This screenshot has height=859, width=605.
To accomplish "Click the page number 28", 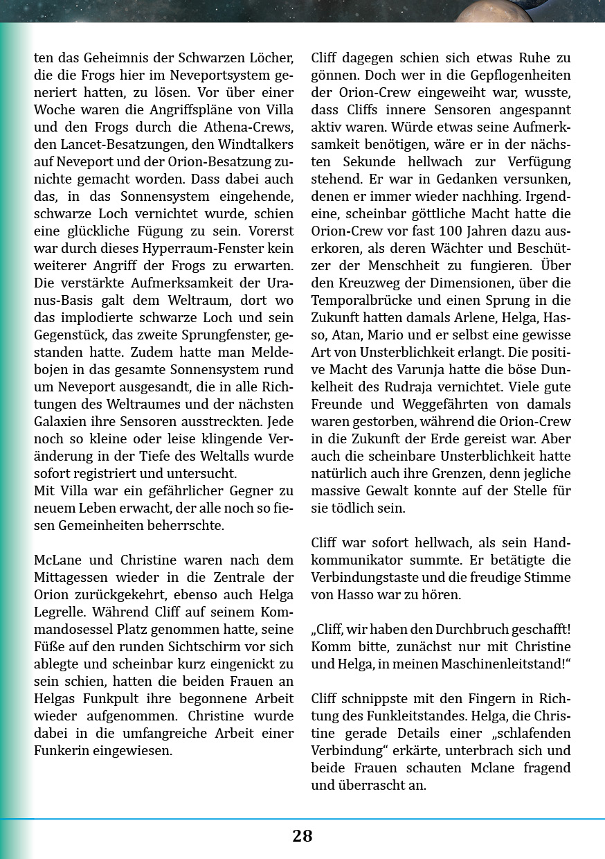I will [302, 836].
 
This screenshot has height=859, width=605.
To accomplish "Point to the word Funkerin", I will [64, 751].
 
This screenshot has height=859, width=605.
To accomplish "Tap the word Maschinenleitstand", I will [503, 664].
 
